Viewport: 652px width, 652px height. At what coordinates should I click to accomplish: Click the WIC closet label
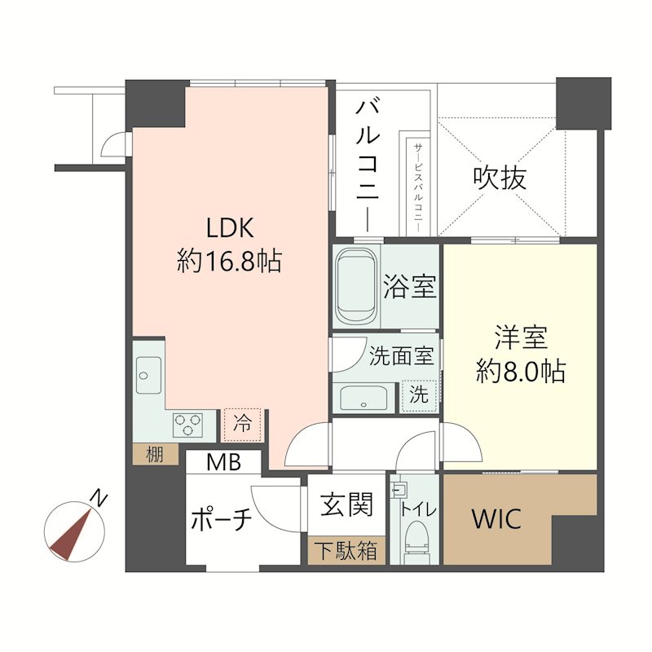496,519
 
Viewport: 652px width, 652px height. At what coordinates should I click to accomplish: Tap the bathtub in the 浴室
355,286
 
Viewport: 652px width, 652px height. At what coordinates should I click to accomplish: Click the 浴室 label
410,287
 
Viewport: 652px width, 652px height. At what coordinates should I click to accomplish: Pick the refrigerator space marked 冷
242,423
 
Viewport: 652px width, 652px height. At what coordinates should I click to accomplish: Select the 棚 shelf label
154,454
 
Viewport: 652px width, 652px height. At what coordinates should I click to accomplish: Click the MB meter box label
222,463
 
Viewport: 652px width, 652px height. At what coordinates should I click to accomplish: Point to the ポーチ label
220,519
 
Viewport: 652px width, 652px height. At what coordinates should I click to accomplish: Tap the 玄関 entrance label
346,505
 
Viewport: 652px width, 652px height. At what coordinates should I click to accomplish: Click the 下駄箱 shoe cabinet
346,552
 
